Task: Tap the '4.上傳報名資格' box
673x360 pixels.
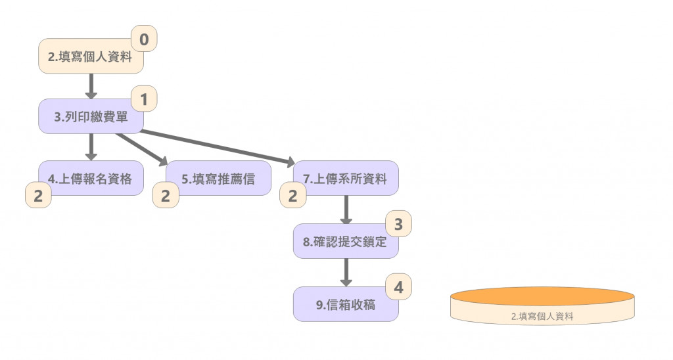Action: click(x=91, y=178)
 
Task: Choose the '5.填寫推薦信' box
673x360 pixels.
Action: click(x=218, y=178)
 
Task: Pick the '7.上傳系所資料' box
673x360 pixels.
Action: click(x=346, y=178)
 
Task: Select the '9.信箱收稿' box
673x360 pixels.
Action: click(x=346, y=304)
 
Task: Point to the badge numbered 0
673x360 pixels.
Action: click(x=145, y=39)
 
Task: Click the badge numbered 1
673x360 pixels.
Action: click(x=145, y=100)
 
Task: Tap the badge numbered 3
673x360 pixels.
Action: click(x=398, y=224)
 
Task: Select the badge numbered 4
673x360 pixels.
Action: click(x=398, y=287)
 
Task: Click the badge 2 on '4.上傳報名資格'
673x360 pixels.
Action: click(x=38, y=195)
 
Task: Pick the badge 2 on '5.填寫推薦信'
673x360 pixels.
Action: click(x=166, y=195)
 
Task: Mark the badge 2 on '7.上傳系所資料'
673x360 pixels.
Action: click(x=293, y=195)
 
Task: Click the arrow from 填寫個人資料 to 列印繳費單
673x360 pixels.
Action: click(x=91, y=85)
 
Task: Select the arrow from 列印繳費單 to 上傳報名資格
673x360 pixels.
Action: click(x=91, y=146)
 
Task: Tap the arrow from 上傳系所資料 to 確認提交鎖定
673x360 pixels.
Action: click(x=346, y=210)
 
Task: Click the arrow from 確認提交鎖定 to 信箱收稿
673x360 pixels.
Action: click(x=346, y=272)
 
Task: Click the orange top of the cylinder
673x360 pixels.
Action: click(x=542, y=296)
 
